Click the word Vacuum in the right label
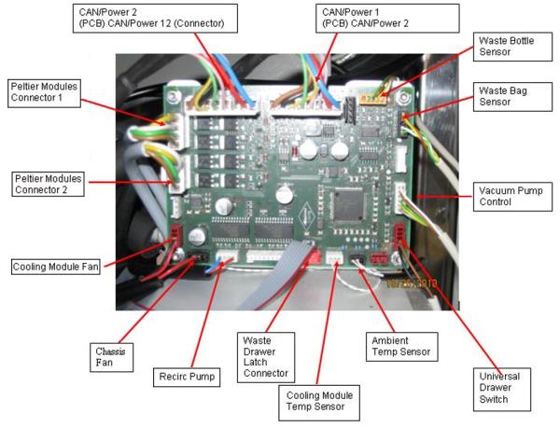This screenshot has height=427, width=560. click(483, 190)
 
